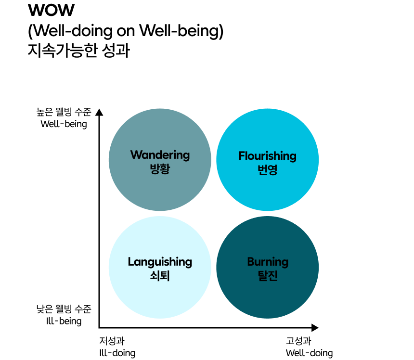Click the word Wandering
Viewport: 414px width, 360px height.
pyautogui.click(x=160, y=155)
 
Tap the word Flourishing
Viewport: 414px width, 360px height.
pyautogui.click(x=267, y=156)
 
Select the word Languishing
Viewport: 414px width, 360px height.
pyautogui.click(x=160, y=262)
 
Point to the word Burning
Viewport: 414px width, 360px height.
pyautogui.click(x=268, y=262)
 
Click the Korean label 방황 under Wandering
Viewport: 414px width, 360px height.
pyautogui.click(x=160, y=169)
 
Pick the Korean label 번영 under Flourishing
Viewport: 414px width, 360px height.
pyautogui.click(x=268, y=170)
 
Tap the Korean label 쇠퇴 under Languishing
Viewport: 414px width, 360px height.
pyautogui.click(x=160, y=276)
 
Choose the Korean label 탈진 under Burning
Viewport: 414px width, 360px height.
pyautogui.click(x=268, y=276)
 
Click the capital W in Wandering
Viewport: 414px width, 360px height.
pyautogui.click(x=136, y=155)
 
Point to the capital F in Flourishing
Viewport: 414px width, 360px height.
pyautogui.click(x=242, y=156)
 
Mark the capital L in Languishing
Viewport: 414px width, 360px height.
pyautogui.click(x=130, y=262)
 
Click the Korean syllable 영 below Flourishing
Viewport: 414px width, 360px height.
pyautogui.click(x=273, y=170)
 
